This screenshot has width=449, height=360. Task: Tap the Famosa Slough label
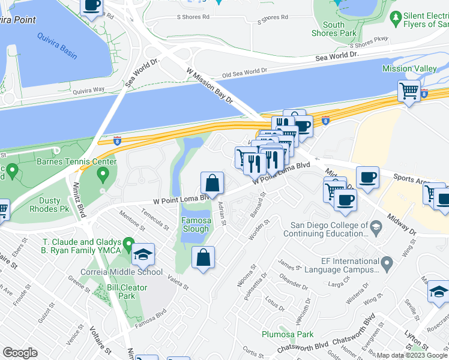[196, 224]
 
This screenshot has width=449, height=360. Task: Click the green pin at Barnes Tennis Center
[103, 175]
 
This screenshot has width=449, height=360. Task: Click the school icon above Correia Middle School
[143, 254]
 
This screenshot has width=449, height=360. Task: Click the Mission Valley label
[409, 69]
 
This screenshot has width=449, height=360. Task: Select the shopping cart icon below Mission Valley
[409, 92]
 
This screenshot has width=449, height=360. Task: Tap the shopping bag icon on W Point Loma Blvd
[212, 183]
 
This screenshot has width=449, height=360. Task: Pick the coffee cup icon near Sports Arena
[367, 178]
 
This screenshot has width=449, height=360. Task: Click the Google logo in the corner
[20, 353]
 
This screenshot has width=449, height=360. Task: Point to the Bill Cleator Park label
[127, 292]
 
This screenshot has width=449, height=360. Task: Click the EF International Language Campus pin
[387, 262]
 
